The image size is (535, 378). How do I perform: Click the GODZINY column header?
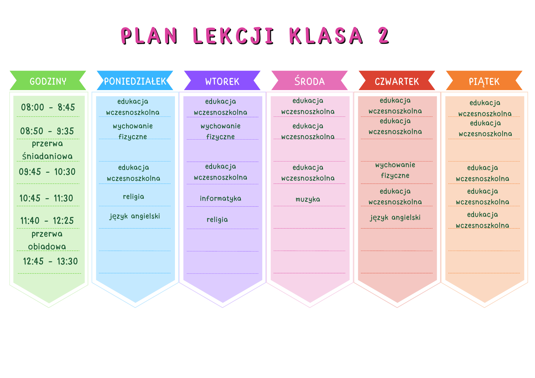pos(48,80)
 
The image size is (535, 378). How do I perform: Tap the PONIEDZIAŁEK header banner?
pos(135,80)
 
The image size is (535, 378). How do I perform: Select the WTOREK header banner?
pos(222,80)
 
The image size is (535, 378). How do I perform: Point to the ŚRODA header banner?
pos(309,80)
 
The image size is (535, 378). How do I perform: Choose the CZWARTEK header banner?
pos(397,80)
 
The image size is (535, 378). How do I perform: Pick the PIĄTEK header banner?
pos(484,80)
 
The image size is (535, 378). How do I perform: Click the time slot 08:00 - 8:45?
pos(48,107)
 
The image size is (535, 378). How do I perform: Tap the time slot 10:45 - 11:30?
pos(46,198)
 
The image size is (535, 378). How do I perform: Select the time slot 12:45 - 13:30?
pos(50,261)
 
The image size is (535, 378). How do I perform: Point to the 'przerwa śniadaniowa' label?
pos(47,150)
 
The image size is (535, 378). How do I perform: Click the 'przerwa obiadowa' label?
pos(47,240)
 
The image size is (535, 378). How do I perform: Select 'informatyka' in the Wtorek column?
pos(220,198)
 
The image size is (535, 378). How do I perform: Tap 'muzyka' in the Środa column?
pos(308,199)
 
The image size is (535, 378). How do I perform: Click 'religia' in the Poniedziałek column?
pos(133,197)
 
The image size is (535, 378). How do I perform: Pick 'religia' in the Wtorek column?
pos(217,220)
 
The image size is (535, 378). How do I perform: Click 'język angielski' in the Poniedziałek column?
pos(135,216)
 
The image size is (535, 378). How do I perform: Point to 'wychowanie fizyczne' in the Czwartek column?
pos(395,170)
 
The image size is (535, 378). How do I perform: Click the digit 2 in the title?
pos(384,36)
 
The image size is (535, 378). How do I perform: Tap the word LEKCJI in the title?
pos(234,36)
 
